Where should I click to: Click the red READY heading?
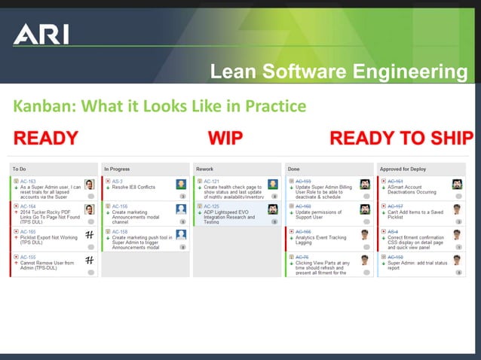[46, 138]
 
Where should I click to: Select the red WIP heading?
[225, 138]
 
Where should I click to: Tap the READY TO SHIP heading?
[401, 138]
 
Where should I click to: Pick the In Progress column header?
[117, 169]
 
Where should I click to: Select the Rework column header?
[204, 169]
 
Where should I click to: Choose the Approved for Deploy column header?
[402, 169]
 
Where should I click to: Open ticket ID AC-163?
[28, 182]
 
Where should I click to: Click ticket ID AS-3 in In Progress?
[118, 182]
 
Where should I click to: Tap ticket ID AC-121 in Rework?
[211, 182]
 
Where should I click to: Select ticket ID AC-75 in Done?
[302, 257]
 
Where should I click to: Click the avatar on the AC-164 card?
[89, 209]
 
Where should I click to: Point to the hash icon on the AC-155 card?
[89, 260]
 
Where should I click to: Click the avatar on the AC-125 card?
[272, 209]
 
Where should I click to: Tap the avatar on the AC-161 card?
[457, 185]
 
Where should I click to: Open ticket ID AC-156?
[119, 206]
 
